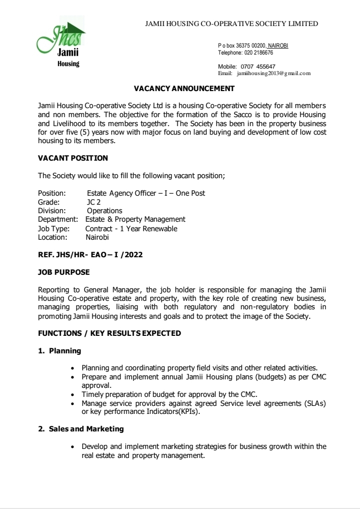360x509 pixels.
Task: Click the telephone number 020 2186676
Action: click(x=259, y=53)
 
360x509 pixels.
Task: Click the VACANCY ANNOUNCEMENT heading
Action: click(x=184, y=89)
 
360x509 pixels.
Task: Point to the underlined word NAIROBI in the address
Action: click(x=278, y=46)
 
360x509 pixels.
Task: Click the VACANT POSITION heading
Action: click(x=73, y=158)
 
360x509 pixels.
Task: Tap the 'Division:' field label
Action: click(x=52, y=211)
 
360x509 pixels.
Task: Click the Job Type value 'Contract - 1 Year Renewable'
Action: click(x=131, y=229)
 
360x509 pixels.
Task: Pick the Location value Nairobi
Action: click(x=97, y=237)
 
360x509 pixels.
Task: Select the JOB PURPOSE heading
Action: click(x=64, y=273)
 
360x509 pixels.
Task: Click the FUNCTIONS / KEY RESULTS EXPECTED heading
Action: click(x=110, y=333)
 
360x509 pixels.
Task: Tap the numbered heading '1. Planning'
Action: click(x=60, y=351)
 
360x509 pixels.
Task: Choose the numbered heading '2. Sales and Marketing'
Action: click(x=81, y=429)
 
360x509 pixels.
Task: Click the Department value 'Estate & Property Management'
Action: click(x=135, y=219)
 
